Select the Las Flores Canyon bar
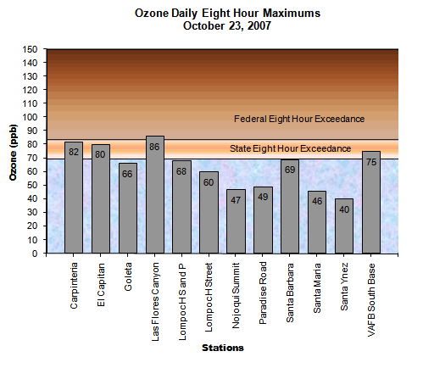[155, 194]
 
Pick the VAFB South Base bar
[370, 202]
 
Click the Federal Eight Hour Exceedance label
[298, 118]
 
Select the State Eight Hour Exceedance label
[291, 149]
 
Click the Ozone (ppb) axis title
[14, 152]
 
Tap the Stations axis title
[224, 347]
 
